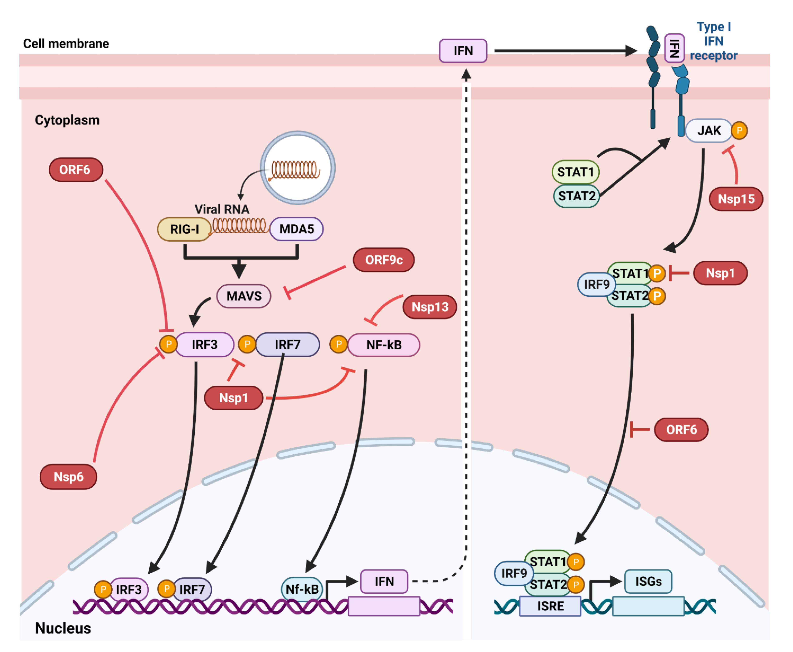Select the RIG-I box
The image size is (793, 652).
click(184, 229)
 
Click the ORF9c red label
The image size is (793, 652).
click(384, 260)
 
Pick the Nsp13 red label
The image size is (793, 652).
click(430, 307)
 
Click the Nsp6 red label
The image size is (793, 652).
click(68, 477)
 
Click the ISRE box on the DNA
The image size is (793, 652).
click(550, 606)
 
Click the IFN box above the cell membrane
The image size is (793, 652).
click(463, 51)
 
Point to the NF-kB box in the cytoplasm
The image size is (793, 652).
click(384, 345)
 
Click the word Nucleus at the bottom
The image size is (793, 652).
click(63, 628)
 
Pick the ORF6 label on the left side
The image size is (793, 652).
click(75, 170)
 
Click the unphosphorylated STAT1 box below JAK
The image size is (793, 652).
click(575, 172)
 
